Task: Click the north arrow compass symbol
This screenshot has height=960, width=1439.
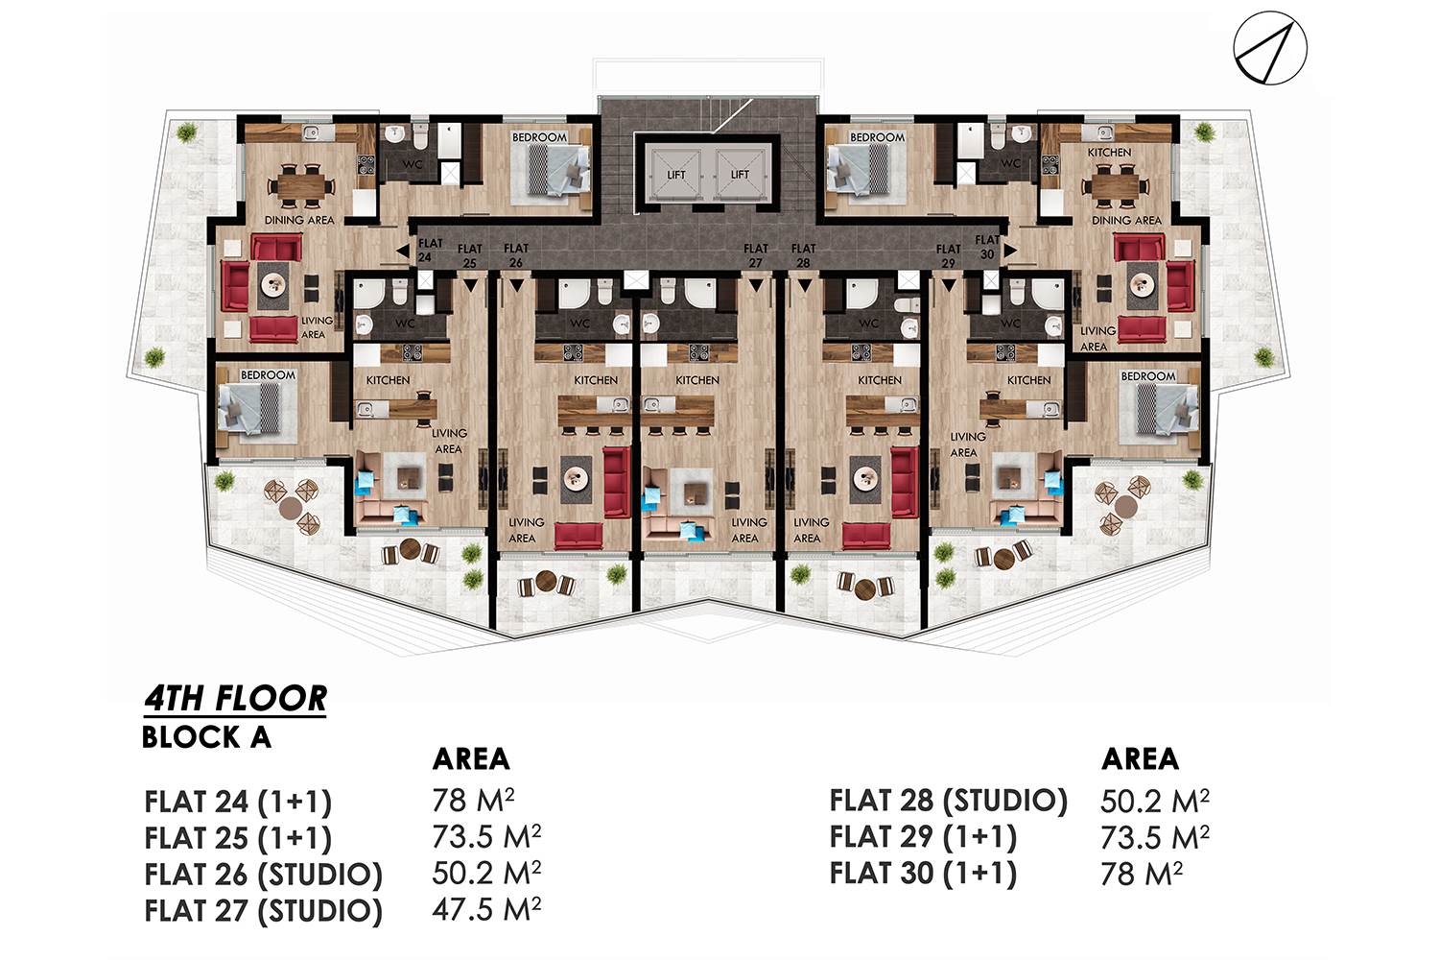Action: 1270,48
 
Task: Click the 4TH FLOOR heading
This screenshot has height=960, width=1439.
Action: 235,700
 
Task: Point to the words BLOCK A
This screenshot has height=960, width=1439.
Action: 206,737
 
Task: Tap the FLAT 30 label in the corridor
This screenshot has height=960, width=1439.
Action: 987,247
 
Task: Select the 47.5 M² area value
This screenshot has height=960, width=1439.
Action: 486,909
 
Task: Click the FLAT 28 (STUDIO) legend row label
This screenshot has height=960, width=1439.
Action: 948,801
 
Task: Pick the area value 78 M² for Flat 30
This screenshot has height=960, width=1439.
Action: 1142,874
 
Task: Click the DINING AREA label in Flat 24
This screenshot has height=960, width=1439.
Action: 299,220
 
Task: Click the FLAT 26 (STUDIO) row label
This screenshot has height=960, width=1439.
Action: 263,874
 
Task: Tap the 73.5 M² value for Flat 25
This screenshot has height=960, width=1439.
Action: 486,836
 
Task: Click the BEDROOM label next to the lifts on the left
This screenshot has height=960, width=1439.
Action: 539,137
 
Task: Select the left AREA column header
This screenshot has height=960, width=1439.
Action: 471,759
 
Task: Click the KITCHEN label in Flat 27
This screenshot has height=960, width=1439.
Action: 697,380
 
